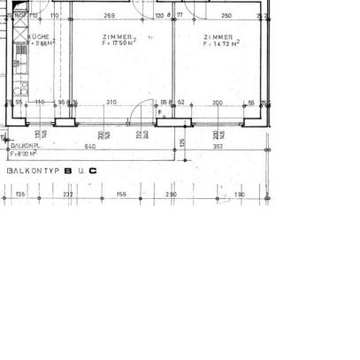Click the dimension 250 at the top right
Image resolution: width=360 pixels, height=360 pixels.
[226, 16]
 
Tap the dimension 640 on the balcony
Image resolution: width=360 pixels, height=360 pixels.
[89, 146]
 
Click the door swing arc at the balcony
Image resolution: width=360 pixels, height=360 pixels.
[139, 116]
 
